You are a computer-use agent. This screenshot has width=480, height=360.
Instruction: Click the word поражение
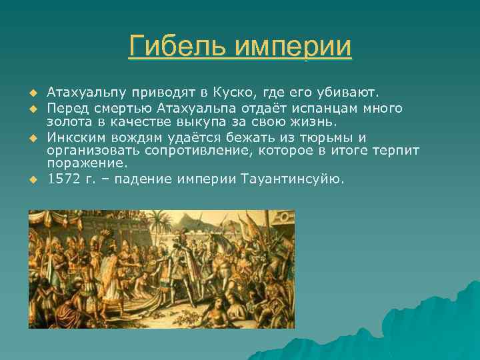coord(84,163)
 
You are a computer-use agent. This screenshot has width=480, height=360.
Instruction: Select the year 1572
coord(63,179)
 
